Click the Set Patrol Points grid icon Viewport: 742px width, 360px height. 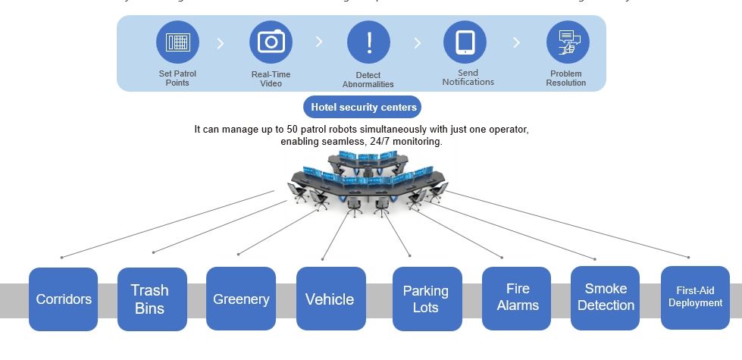click(177, 42)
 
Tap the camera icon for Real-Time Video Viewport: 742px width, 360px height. click(271, 42)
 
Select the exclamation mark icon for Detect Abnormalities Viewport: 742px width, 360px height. click(368, 42)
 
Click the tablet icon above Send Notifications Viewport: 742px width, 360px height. click(465, 42)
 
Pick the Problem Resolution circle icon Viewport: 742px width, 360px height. click(568, 42)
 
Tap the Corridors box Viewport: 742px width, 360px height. click(64, 299)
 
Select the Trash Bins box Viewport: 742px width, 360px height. click(152, 299)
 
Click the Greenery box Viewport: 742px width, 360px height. click(241, 299)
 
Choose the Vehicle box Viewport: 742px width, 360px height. click(330, 299)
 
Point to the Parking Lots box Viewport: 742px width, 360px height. click(427, 299)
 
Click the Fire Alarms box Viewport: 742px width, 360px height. click(517, 298)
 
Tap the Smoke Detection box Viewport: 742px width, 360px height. click(605, 298)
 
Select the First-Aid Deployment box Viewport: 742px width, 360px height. click(695, 297)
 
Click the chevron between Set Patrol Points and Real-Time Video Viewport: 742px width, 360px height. click(221, 43)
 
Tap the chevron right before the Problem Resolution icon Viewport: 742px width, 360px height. click(516, 43)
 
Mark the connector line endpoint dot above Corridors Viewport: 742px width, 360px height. click(61, 258)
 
